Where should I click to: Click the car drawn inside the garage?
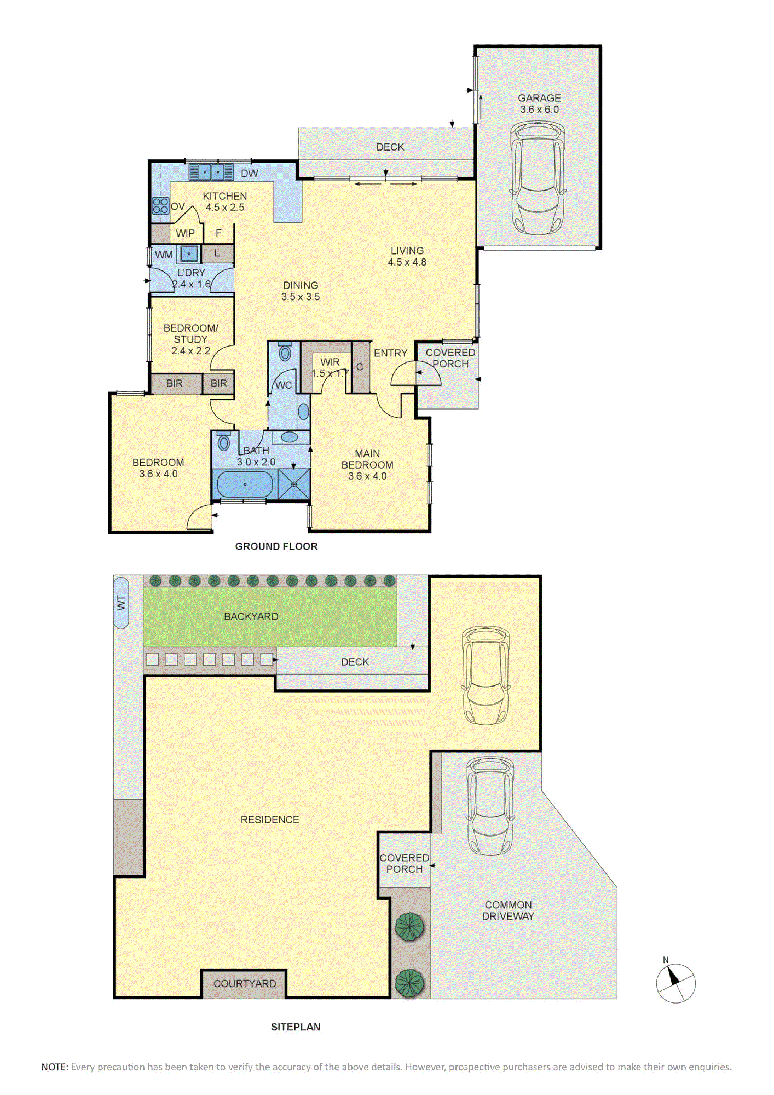538,178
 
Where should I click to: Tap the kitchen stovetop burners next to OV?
160,206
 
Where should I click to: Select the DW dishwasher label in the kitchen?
250,174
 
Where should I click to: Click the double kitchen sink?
211,172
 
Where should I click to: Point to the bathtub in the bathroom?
245,485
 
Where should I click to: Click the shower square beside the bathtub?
294,484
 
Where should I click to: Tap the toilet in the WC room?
285,351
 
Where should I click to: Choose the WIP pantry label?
185,233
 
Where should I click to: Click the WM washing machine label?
164,255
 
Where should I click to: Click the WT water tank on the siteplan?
121,603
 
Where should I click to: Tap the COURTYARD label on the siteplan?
245,984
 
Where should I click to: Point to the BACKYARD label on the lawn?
251,616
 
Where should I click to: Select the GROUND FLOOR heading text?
276,546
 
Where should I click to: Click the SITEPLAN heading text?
296,1027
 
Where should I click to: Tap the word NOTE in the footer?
54,1067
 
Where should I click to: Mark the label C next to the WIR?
360,367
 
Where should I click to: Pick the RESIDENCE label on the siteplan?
270,820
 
